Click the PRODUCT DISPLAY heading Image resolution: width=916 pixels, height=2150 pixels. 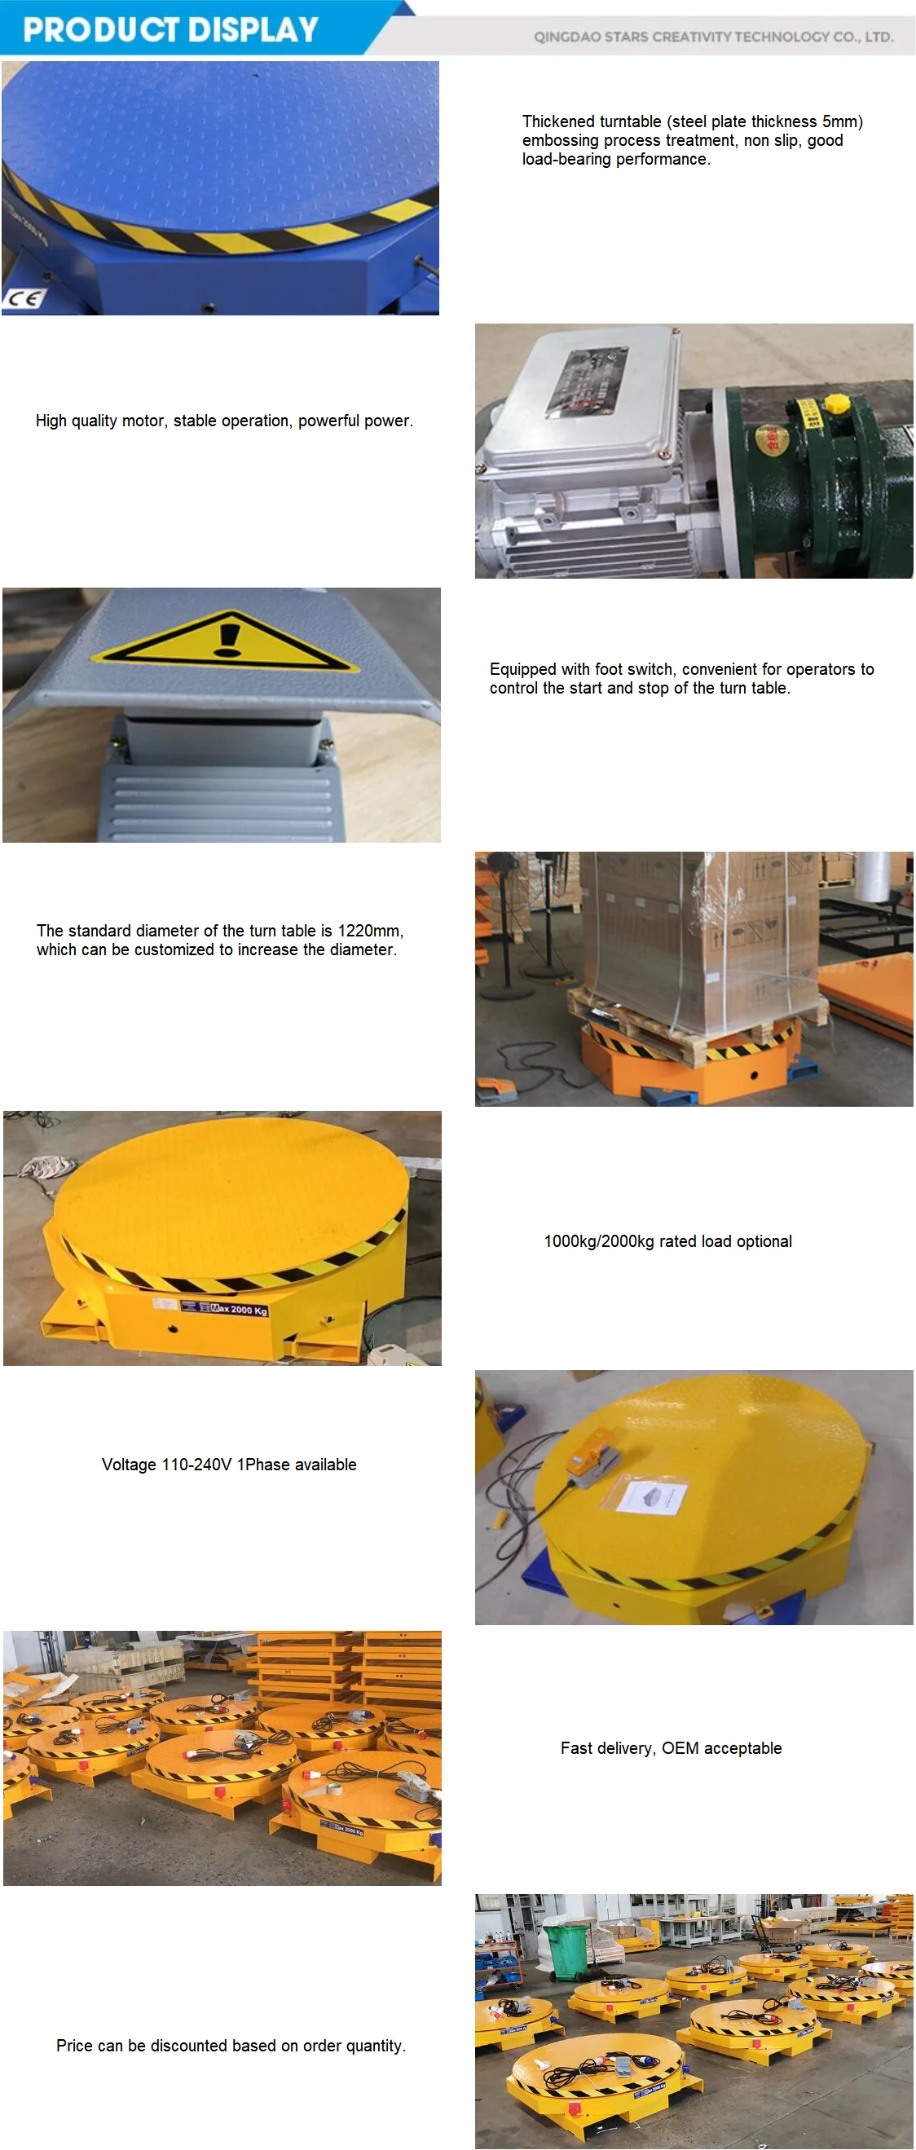(171, 30)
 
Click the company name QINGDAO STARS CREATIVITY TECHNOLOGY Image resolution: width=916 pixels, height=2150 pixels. (713, 37)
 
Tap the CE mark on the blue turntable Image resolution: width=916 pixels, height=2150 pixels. (23, 298)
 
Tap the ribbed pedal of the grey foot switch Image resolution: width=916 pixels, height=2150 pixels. (222, 801)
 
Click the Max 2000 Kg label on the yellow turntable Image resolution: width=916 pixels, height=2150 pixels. (239, 1309)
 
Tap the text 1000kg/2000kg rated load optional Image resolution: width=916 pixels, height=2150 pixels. (667, 1241)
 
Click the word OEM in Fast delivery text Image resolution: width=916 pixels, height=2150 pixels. (680, 1747)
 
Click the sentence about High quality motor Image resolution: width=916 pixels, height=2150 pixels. (223, 421)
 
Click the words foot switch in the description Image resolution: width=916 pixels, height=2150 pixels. (633, 669)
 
